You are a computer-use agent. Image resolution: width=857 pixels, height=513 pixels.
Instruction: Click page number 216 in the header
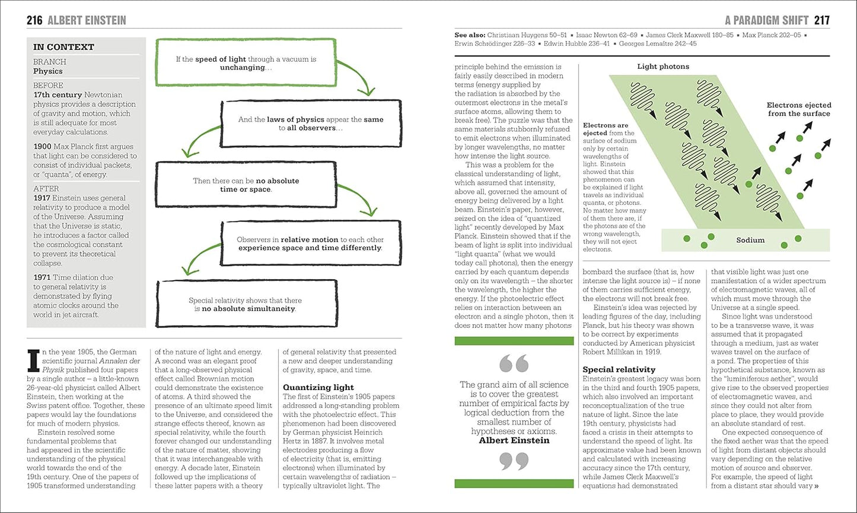click(34, 20)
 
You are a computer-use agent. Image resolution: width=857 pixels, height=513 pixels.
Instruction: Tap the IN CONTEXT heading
click(63, 47)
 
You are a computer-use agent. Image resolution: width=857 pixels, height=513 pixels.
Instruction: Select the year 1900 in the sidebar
click(43, 147)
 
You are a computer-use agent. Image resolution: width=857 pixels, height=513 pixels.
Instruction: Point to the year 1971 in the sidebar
click(43, 277)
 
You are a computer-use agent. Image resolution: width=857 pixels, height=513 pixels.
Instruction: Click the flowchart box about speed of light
click(246, 64)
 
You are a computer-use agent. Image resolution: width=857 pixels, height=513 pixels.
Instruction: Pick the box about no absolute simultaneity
click(246, 305)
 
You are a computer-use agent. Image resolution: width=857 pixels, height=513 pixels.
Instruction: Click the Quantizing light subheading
click(318, 388)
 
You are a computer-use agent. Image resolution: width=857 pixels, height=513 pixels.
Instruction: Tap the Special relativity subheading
click(619, 369)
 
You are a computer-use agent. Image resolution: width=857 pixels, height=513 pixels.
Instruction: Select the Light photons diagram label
click(663, 66)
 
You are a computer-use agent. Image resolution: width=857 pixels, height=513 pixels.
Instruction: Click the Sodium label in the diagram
click(750, 240)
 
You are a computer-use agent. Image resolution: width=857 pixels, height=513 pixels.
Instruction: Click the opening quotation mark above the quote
click(514, 363)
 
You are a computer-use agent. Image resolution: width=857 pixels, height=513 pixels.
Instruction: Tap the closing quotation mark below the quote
click(514, 461)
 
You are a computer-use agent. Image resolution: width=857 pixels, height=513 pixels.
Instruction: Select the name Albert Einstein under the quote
click(514, 441)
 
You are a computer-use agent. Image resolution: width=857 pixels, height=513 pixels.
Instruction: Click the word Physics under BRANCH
click(47, 71)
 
